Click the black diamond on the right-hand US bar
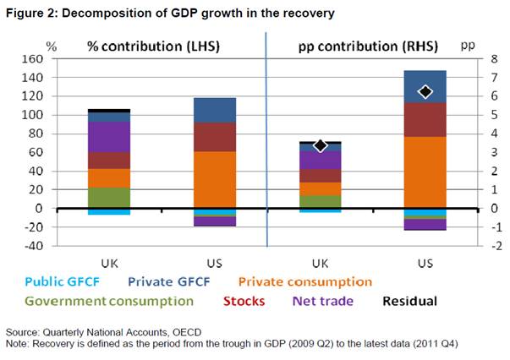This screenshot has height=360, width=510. [425, 91]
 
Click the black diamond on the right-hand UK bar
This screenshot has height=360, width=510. [320, 145]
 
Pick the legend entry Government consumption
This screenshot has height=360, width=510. [108, 300]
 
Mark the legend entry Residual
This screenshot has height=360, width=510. [408, 300]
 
